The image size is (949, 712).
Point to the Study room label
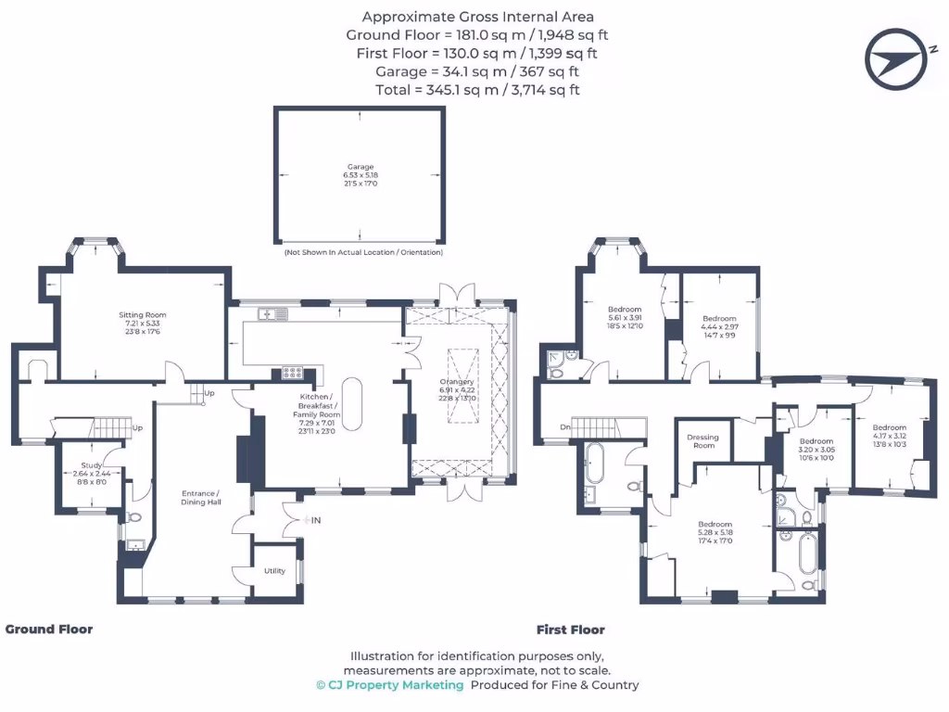click(x=91, y=472)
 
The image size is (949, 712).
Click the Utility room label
click(x=275, y=571)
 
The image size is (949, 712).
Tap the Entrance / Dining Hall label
click(x=200, y=498)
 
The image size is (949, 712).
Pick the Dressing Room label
click(x=703, y=441)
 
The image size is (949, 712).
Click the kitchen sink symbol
click(x=274, y=315)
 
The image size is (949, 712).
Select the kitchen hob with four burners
click(x=292, y=374)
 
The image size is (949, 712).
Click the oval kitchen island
click(x=353, y=400)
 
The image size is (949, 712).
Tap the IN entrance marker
click(x=312, y=521)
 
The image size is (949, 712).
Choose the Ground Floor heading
click(x=49, y=629)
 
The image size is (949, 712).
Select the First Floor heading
click(x=571, y=629)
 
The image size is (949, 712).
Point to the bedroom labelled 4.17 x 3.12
click(x=890, y=436)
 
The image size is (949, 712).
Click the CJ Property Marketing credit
click(x=389, y=685)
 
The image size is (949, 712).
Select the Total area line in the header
click(x=477, y=90)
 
